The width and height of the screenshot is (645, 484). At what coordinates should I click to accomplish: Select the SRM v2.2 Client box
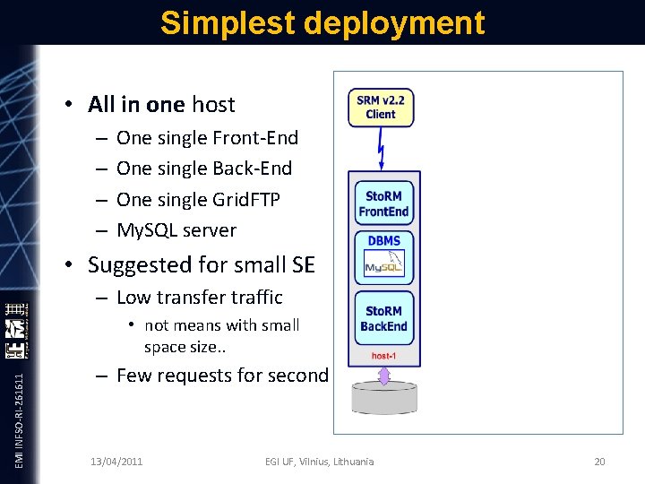pos(381,108)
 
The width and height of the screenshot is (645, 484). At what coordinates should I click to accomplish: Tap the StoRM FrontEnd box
pos(383,204)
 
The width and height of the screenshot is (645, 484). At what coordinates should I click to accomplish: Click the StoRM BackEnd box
pos(383,318)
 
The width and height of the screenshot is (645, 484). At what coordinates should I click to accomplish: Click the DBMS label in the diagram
pos(383,241)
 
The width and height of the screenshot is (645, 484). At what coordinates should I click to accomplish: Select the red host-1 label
pos(384,356)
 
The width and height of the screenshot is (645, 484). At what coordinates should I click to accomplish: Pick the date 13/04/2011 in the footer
pos(116,462)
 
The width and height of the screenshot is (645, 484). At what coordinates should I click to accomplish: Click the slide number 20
pos(599,462)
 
